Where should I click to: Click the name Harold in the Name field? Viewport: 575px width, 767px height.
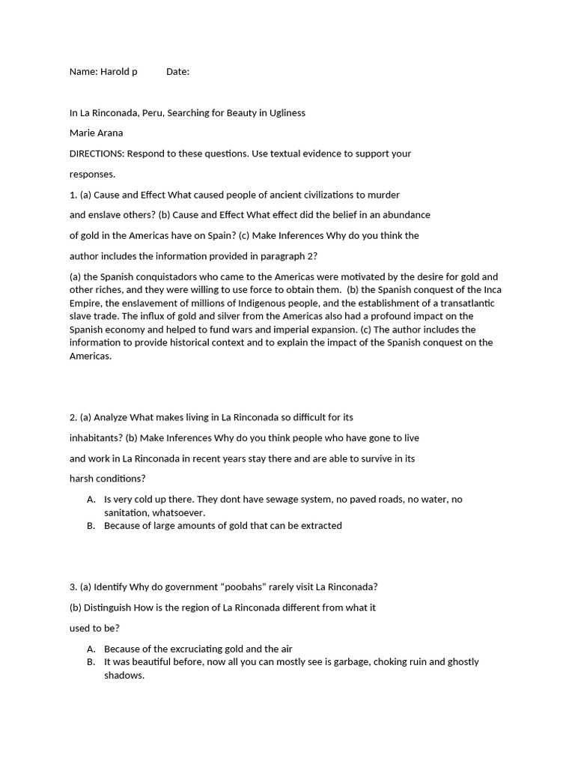coord(115,72)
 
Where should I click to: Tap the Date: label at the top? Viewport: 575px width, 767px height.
coord(177,72)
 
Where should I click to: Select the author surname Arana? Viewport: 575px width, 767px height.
coord(109,133)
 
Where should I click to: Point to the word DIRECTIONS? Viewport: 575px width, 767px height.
coord(97,154)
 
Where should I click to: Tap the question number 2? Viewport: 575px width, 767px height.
coord(73,417)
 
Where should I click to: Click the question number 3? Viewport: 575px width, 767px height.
coord(73,587)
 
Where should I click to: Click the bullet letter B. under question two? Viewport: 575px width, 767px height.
coord(91,526)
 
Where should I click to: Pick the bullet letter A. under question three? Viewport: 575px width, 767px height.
coord(91,649)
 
